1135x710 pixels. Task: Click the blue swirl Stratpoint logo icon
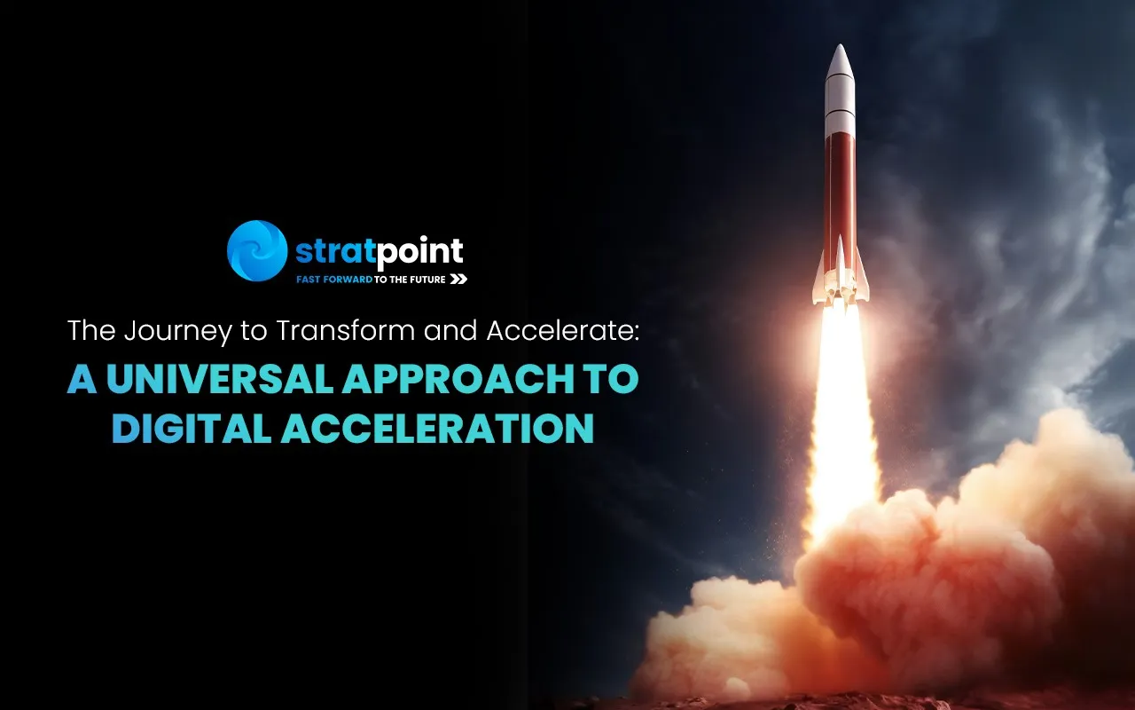click(x=257, y=250)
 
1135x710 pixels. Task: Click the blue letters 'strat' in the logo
click(x=336, y=250)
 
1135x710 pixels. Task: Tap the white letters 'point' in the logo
click(x=420, y=252)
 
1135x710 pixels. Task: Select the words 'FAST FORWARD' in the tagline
click(x=334, y=280)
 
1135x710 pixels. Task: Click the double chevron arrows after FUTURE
click(x=458, y=279)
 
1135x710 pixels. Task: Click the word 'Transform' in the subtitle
click(x=345, y=330)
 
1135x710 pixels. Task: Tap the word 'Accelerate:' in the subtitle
click(x=562, y=330)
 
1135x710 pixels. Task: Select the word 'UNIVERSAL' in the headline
click(x=219, y=378)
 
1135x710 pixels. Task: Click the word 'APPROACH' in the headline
click(x=458, y=378)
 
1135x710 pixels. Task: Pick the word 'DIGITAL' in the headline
click(x=192, y=428)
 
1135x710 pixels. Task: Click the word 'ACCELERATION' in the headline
click(x=437, y=428)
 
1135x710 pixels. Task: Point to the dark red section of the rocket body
click(x=840, y=193)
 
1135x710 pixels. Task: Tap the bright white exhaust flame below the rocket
click(x=842, y=406)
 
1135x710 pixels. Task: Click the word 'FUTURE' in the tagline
click(x=428, y=280)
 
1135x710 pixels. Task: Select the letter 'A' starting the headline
click(x=82, y=378)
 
